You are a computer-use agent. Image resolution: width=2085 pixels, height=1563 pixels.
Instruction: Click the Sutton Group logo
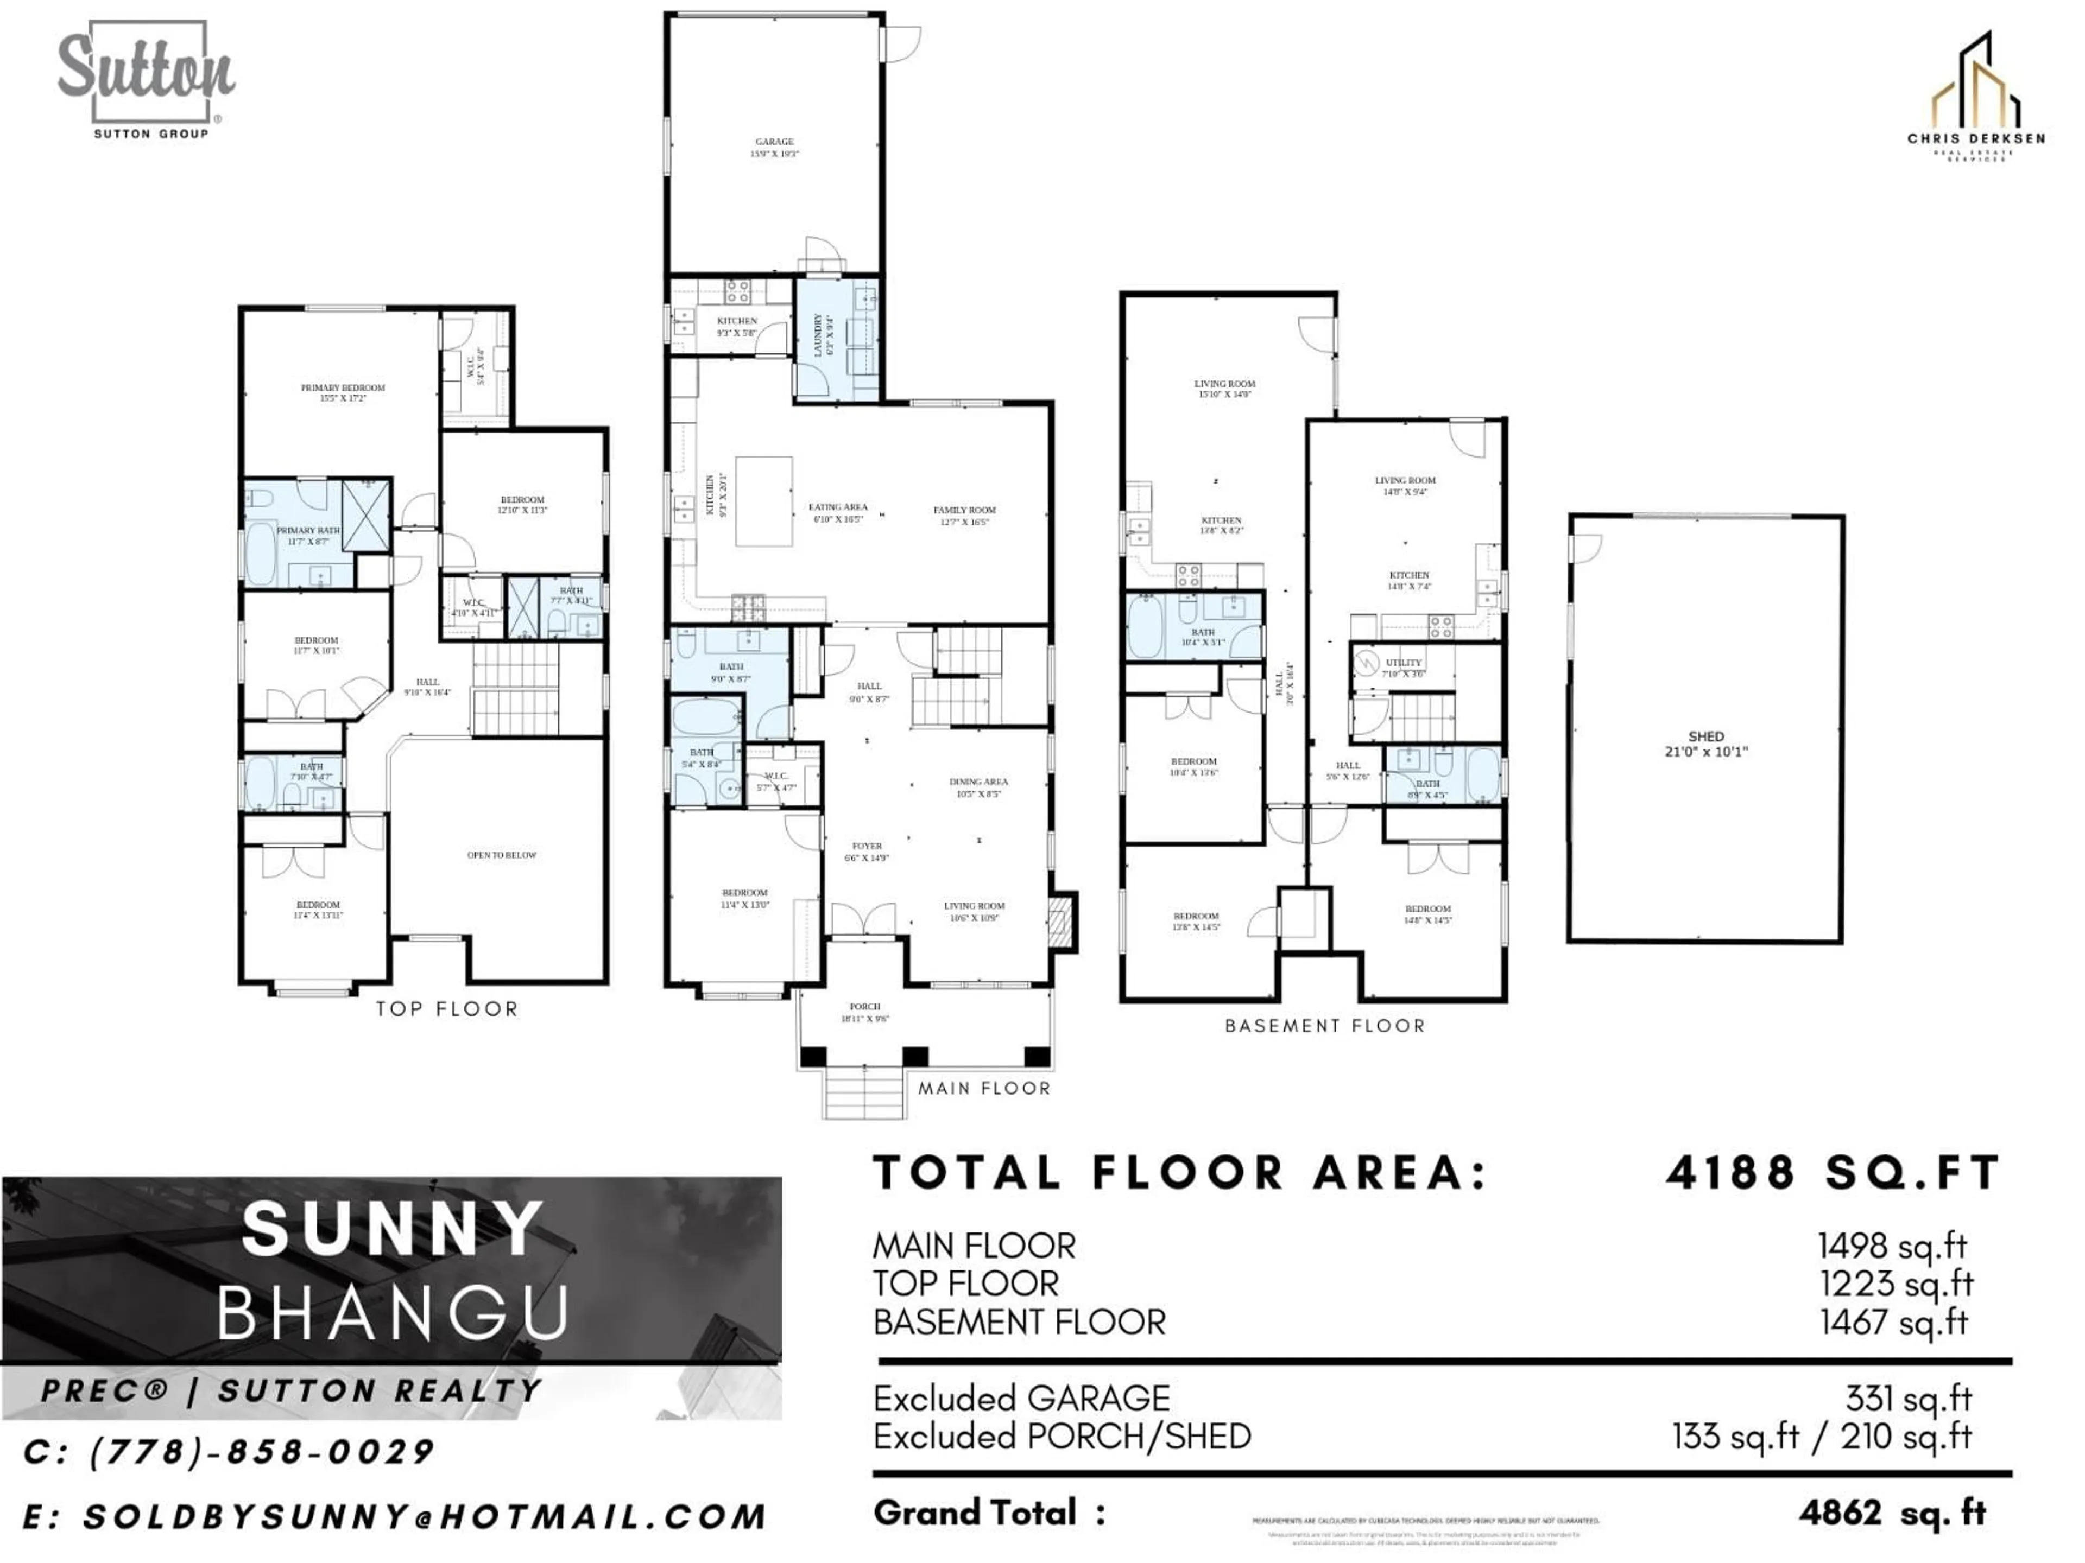[x=146, y=80]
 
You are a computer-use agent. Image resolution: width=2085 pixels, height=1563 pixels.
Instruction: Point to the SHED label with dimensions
[x=1706, y=744]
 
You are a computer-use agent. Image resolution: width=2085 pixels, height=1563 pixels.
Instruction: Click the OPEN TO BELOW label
[x=502, y=855]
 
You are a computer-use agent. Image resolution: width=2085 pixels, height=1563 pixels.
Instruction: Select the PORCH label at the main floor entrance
[x=864, y=1012]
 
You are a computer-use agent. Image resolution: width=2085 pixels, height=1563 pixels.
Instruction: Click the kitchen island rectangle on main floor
[x=763, y=501]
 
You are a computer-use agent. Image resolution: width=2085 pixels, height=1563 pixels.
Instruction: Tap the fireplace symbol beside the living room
[x=1062, y=920]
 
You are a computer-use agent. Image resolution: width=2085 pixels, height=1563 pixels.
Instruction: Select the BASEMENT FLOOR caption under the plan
[x=1324, y=1026]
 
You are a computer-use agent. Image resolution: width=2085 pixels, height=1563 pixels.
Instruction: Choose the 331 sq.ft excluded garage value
[x=1908, y=1398]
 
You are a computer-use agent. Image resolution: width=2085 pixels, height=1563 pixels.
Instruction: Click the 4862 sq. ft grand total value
[x=1892, y=1513]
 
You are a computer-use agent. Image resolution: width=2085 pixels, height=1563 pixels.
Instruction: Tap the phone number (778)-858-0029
[x=261, y=1452]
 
